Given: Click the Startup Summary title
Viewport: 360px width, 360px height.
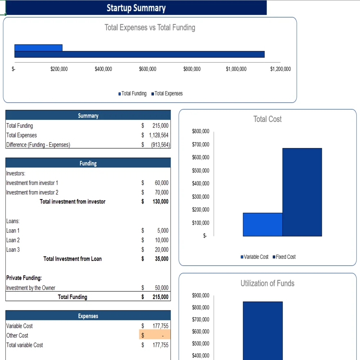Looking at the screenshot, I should pos(136,8).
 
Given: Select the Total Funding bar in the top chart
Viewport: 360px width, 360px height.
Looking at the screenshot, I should pos(38,48).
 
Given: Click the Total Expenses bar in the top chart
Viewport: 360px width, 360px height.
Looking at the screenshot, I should pos(139,54).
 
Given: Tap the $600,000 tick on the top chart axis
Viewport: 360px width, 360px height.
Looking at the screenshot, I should pos(148,69).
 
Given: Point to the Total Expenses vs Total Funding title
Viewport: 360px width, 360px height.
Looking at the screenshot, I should pos(150,27).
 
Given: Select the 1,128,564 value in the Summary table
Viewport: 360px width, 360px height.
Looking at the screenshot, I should pos(159,135).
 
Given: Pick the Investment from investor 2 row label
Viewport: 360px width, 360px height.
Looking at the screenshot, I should pos(32,192).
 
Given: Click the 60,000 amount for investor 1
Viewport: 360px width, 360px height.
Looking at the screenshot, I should pos(162,183).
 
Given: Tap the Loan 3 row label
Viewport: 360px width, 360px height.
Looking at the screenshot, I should pos(13,249).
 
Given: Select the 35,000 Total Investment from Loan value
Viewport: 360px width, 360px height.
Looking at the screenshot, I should pos(162,259).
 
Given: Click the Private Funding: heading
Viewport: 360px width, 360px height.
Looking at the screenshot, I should pos(24,278).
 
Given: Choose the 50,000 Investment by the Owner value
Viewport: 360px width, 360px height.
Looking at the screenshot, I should pos(162,288).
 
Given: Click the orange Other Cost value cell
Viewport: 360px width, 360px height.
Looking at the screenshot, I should pos(155,336).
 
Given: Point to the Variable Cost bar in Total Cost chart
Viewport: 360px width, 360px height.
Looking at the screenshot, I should pos(262,224).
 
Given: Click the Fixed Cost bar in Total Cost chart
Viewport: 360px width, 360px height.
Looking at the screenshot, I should pos(302,192).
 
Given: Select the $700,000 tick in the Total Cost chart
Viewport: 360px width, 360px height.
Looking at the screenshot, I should pos(201,145).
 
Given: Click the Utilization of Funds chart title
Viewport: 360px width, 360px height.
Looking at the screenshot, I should pos(267,283).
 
